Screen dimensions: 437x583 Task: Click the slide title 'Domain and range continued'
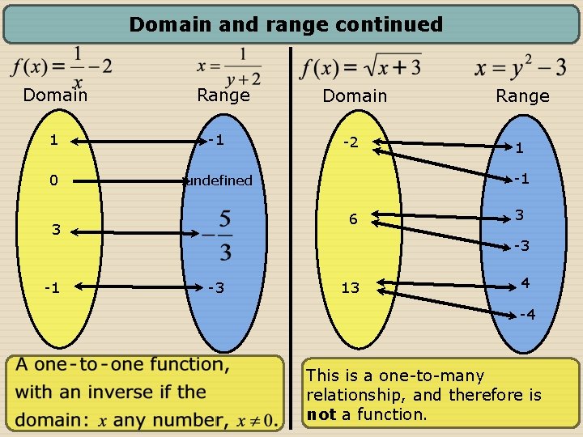click(x=286, y=24)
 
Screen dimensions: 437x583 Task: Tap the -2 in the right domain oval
click(x=351, y=143)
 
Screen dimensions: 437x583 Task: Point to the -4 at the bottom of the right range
click(x=526, y=314)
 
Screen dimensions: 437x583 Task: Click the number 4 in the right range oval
click(x=526, y=284)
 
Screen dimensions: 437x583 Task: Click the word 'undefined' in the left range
click(x=219, y=180)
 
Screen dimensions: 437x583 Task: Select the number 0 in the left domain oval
click(x=53, y=180)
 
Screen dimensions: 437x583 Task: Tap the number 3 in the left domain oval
click(x=56, y=229)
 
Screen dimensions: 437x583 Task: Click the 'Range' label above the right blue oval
click(x=522, y=96)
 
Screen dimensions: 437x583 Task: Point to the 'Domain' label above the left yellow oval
click(x=55, y=95)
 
